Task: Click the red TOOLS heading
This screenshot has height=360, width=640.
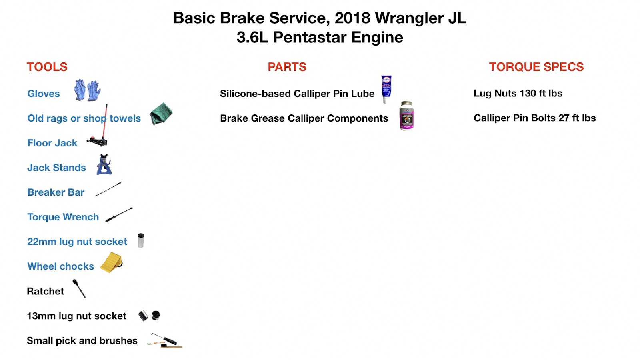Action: click(47, 67)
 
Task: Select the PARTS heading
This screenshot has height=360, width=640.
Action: click(287, 67)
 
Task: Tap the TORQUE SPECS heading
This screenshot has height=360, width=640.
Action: click(536, 67)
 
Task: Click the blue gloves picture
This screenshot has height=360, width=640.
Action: click(87, 90)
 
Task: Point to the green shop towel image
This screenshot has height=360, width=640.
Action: click(161, 114)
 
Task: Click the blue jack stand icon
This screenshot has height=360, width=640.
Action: click(104, 165)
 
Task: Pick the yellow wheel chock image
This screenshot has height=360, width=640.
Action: click(111, 262)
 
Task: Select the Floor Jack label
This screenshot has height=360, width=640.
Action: click(52, 143)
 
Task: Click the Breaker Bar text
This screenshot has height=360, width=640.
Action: click(56, 192)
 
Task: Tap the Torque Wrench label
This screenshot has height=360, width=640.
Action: click(63, 217)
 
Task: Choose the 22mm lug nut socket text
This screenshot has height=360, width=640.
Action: click(77, 242)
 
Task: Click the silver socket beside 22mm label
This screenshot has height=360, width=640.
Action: click(140, 240)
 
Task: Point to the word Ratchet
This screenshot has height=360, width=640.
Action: click(45, 291)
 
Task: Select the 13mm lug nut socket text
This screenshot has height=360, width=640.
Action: click(76, 316)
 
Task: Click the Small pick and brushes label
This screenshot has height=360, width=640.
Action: click(82, 341)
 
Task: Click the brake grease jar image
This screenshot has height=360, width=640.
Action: click(407, 116)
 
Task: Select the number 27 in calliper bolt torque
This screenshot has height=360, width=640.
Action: click(564, 118)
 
